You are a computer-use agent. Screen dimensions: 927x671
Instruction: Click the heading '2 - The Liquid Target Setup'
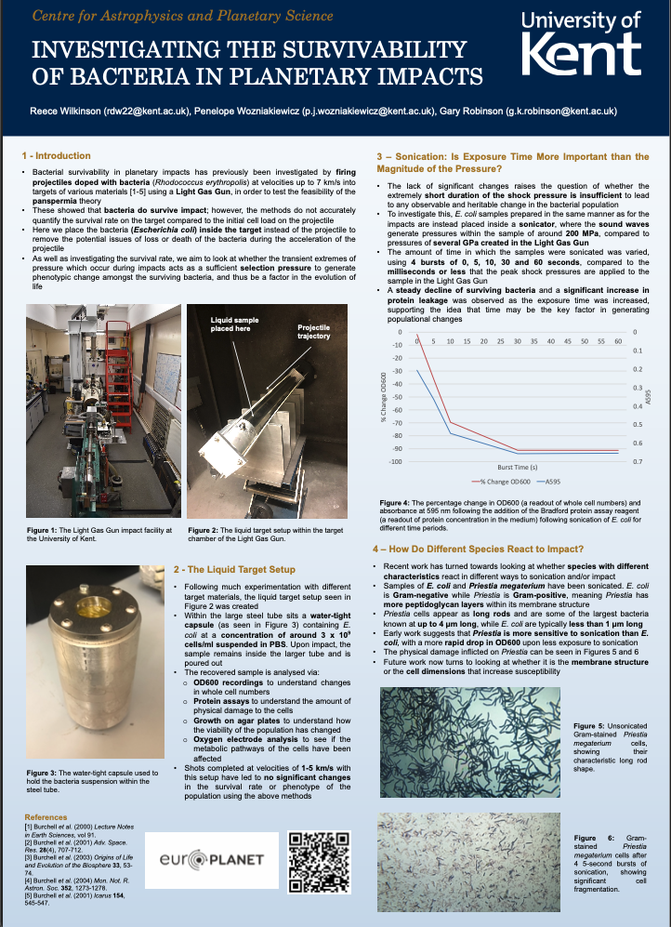[234, 568]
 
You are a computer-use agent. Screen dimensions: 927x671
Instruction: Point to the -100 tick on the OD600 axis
[396, 461]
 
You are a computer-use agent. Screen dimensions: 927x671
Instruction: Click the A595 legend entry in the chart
[555, 483]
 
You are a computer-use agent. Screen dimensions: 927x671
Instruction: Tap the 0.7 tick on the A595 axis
[637, 461]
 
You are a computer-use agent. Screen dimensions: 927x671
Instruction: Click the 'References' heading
[46, 818]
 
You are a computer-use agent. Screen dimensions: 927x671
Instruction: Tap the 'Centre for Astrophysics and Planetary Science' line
[182, 17]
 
